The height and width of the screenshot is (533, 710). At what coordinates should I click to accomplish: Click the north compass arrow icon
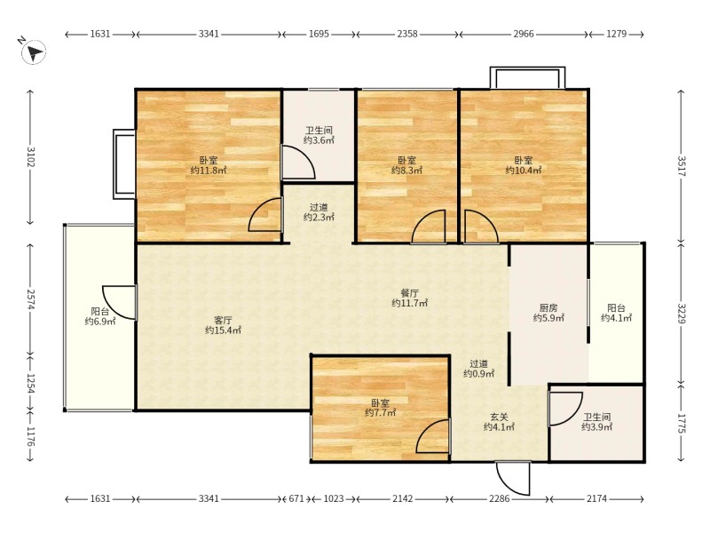[33, 52]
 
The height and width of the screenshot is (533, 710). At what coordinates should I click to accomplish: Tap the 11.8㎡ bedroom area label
[209, 165]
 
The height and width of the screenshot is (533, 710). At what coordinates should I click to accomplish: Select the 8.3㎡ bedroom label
[407, 165]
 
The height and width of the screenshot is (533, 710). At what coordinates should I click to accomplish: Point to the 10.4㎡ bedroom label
[524, 165]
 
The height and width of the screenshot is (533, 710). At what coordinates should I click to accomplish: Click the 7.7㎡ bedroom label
[381, 408]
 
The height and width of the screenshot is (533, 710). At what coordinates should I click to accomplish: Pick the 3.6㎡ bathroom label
[319, 136]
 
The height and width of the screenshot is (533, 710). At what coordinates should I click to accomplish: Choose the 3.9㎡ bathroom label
[596, 422]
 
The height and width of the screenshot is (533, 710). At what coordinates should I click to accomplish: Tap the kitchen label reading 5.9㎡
[548, 314]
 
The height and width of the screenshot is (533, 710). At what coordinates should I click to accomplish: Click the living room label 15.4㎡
[223, 325]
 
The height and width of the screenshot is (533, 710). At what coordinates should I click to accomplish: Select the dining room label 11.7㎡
[409, 298]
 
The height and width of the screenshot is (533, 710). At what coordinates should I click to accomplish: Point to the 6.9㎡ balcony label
[99, 316]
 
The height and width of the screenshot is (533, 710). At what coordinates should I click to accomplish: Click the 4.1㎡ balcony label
[616, 314]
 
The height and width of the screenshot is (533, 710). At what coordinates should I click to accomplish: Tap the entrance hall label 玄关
[499, 417]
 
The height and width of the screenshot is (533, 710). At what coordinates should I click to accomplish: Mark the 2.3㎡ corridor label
[319, 212]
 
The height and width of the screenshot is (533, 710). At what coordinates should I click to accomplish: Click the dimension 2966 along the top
[524, 34]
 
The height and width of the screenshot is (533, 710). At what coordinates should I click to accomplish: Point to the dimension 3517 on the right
[682, 166]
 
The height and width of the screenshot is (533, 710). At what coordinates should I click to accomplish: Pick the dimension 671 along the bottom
[296, 498]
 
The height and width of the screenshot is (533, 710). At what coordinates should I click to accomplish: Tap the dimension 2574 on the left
[30, 299]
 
